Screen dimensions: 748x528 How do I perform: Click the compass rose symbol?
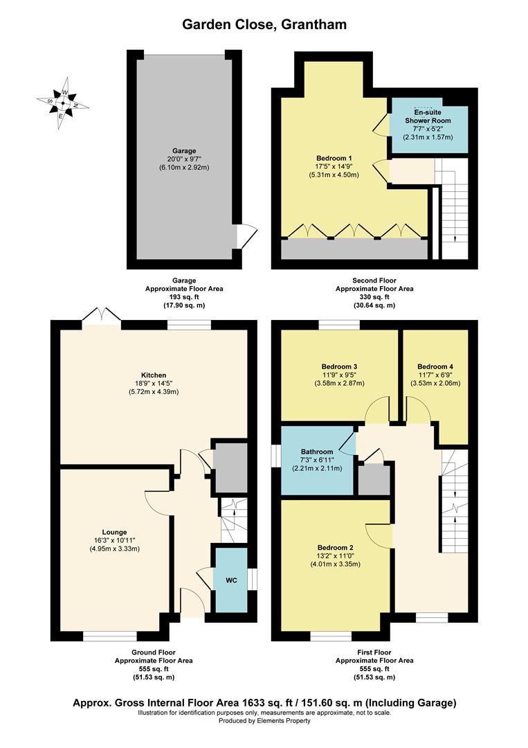pyautogui.click(x=62, y=103)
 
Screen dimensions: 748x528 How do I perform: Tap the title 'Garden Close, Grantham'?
pyautogui.click(x=264, y=25)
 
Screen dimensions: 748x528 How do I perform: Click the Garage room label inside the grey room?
pyautogui.click(x=184, y=150)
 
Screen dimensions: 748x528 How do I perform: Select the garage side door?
pyautogui.click(x=242, y=236)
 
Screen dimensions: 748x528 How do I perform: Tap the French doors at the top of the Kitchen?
pyautogui.click(x=101, y=317)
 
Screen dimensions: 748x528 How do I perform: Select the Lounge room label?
pyautogui.click(x=114, y=532)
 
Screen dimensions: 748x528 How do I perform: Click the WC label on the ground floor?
pyautogui.click(x=231, y=580)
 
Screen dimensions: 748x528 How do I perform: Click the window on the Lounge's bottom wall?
pyautogui.click(x=110, y=634)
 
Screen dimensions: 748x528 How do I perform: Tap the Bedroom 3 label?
pyautogui.click(x=339, y=366)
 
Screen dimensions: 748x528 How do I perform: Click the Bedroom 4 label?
pyautogui.click(x=435, y=366)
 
